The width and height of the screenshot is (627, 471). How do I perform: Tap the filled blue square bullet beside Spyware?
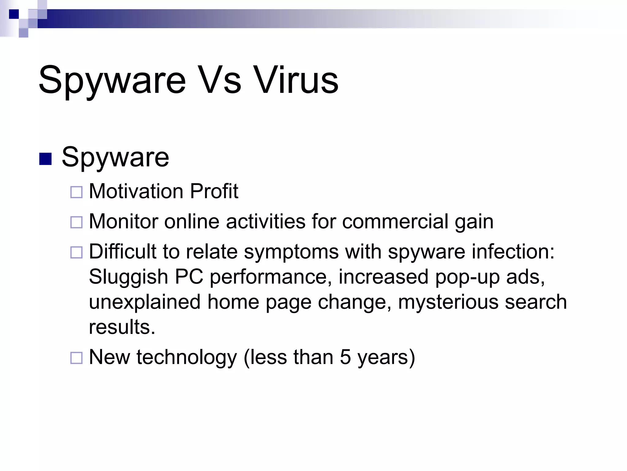[x=45, y=159]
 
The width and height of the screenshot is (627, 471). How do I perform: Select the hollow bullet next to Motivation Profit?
[x=77, y=192]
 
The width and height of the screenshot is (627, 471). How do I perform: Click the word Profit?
[x=214, y=191]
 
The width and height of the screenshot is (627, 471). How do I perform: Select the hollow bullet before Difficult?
[x=77, y=252]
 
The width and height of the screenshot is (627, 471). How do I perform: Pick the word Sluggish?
[x=129, y=277]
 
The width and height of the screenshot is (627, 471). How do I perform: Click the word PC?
[x=189, y=277]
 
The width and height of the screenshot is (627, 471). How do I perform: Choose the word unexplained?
[x=145, y=302]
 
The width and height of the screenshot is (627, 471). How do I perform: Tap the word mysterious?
[x=448, y=302]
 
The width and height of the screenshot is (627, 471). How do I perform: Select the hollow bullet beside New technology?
[x=77, y=358]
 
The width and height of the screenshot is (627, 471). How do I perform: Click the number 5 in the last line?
[x=345, y=357]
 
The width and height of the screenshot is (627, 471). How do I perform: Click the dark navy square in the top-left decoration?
[x=14, y=14]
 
